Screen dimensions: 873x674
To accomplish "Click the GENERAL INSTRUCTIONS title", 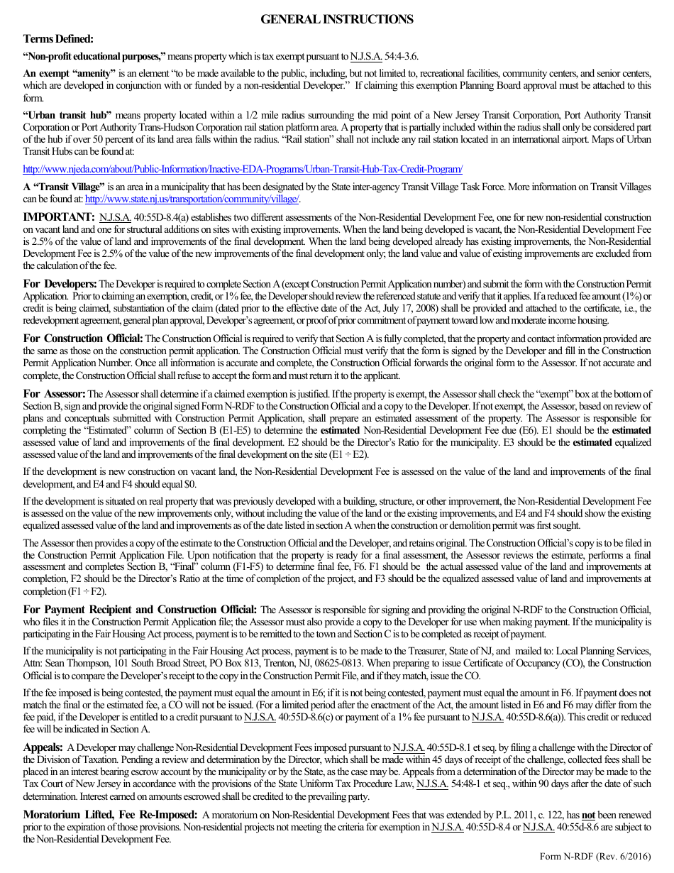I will (336, 20).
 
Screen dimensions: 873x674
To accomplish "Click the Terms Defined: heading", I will (58, 39).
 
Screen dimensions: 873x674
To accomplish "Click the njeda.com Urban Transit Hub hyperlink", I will (243, 169).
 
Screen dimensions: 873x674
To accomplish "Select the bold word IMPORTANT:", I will (58, 216).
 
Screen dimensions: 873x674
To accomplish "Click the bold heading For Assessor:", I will (54, 393).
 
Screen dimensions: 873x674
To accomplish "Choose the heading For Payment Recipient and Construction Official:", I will (140, 610).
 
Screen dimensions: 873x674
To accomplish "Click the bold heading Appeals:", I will (43, 747).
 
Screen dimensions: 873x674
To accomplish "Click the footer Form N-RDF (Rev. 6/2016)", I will (595, 856).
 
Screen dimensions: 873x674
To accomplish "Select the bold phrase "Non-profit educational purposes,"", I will (94, 55).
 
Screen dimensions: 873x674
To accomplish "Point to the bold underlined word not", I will (587, 816).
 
